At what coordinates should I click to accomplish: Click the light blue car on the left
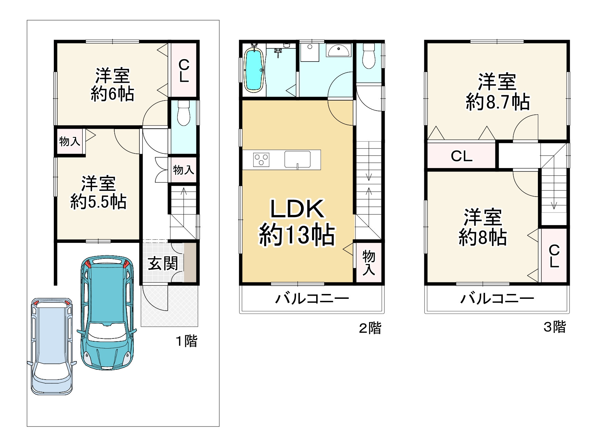(x=52, y=346)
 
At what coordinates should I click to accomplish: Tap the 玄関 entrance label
(x=163, y=263)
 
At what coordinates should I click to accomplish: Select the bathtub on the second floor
(x=254, y=70)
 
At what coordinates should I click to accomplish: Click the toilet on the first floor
(x=183, y=113)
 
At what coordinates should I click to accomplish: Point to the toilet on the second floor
(x=369, y=56)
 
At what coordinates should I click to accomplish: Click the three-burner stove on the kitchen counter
(x=261, y=160)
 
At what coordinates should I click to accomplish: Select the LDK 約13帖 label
(x=297, y=223)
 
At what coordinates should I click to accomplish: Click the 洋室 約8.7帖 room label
(x=497, y=92)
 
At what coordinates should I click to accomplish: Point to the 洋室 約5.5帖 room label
(x=98, y=193)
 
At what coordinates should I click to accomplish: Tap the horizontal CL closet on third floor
(x=461, y=156)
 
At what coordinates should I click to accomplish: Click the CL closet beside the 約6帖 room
(x=183, y=71)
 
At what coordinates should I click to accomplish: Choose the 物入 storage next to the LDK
(x=369, y=263)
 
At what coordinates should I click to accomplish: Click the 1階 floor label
(x=187, y=341)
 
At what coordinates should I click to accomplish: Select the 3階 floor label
(x=555, y=327)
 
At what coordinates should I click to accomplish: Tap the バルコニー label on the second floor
(x=312, y=298)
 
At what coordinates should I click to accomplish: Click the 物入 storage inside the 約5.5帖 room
(x=69, y=141)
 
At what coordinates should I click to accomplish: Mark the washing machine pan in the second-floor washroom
(x=310, y=52)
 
